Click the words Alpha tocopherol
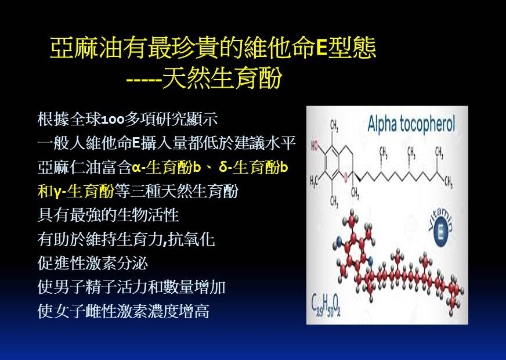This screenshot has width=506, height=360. coord(411,124)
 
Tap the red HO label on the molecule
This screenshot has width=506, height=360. coord(315,146)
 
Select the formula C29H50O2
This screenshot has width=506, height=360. coord(326,305)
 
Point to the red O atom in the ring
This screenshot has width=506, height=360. coord(346,177)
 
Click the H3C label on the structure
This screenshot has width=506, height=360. coord(315,181)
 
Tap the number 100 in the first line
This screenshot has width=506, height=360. coord(113,120)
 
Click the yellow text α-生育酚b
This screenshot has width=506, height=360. coord(166,168)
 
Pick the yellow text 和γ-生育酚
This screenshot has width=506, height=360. coord(76,191)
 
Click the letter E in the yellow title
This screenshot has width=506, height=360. coord(321,48)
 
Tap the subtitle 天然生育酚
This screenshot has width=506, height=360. coord(222,78)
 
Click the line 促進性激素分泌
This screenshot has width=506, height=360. coord(93,263)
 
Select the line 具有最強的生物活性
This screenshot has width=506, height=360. coord(108,215)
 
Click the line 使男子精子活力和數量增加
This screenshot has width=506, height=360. coord(131,287)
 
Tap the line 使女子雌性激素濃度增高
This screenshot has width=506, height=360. coord(124,311)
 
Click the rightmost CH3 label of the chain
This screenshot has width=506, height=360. coord(448,182)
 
